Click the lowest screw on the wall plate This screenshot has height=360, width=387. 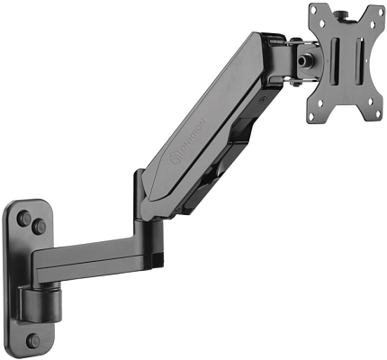32,341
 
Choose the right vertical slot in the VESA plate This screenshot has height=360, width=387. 362,62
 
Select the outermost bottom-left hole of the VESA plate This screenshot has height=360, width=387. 315,115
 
